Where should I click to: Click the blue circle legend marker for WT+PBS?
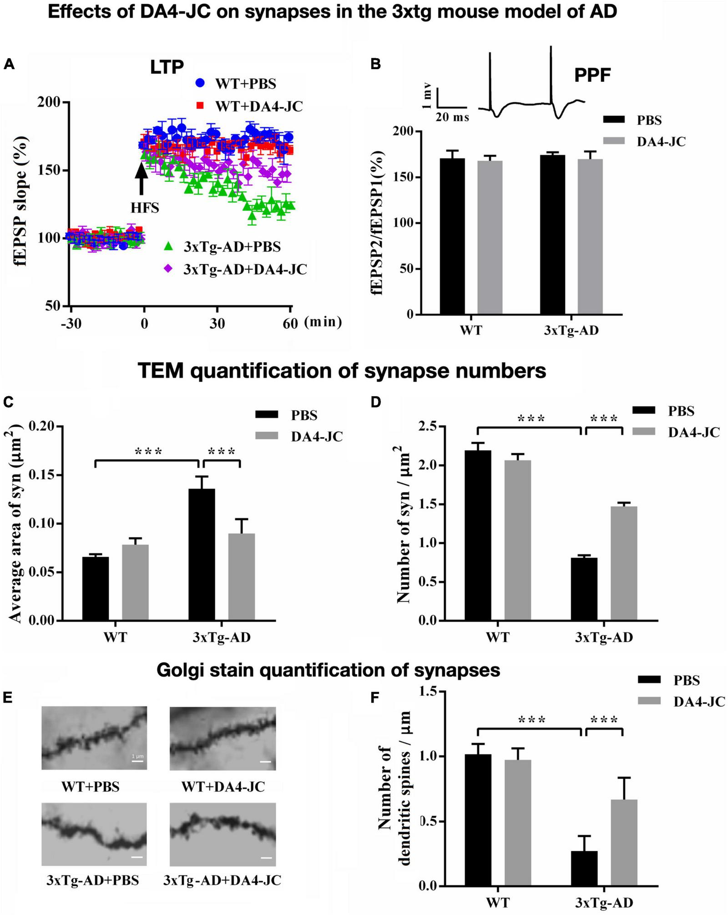200,83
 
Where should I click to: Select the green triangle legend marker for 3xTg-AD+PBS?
168,247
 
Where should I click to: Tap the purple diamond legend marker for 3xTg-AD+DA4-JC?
168,269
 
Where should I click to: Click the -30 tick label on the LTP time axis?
71,323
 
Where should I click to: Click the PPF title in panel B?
592,75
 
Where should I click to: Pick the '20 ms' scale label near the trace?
452,117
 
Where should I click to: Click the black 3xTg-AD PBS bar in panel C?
202,554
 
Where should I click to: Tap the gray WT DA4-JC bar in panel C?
135,582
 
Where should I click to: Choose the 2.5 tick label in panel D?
427,427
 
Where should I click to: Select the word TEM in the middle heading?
161,371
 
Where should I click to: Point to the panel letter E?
8,698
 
